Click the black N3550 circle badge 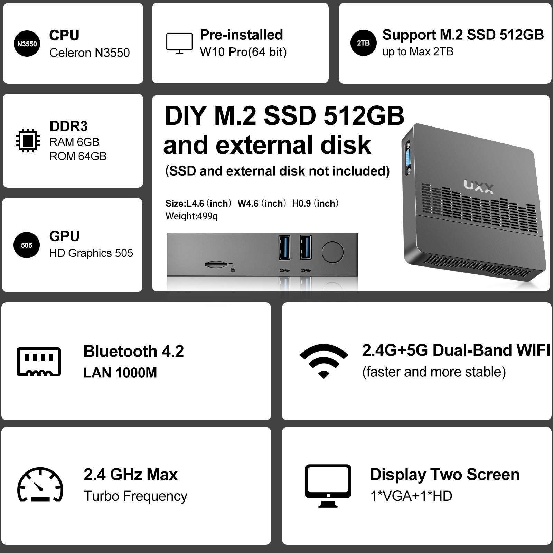[27, 44]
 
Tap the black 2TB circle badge [363, 43]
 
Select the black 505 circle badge [27, 245]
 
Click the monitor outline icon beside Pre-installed [179, 43]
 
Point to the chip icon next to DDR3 [28, 141]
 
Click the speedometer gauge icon [40, 485]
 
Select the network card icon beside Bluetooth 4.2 [39, 362]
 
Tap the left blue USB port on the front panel [284, 247]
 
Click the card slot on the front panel [216, 265]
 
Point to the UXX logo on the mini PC [478, 187]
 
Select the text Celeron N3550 [90, 53]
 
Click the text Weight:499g [191, 216]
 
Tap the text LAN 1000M [120, 373]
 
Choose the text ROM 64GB [78, 156]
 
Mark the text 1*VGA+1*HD [411, 496]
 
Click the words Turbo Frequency [135, 496]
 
